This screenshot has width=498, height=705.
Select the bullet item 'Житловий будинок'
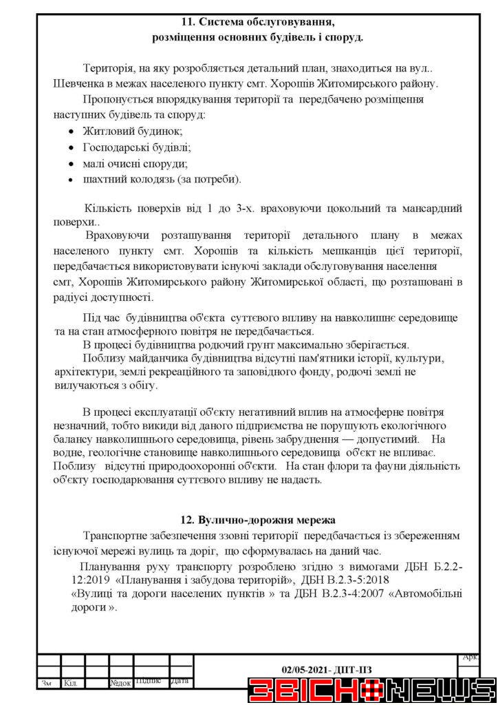click(132, 131)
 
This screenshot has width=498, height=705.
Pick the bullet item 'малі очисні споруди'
click(135, 163)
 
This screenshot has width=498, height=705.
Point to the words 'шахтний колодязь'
click(123, 180)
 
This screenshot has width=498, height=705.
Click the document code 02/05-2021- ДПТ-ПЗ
click(327, 669)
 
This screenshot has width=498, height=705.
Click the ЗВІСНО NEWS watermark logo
click(372, 690)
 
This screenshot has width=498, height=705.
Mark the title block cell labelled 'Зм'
click(47, 683)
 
